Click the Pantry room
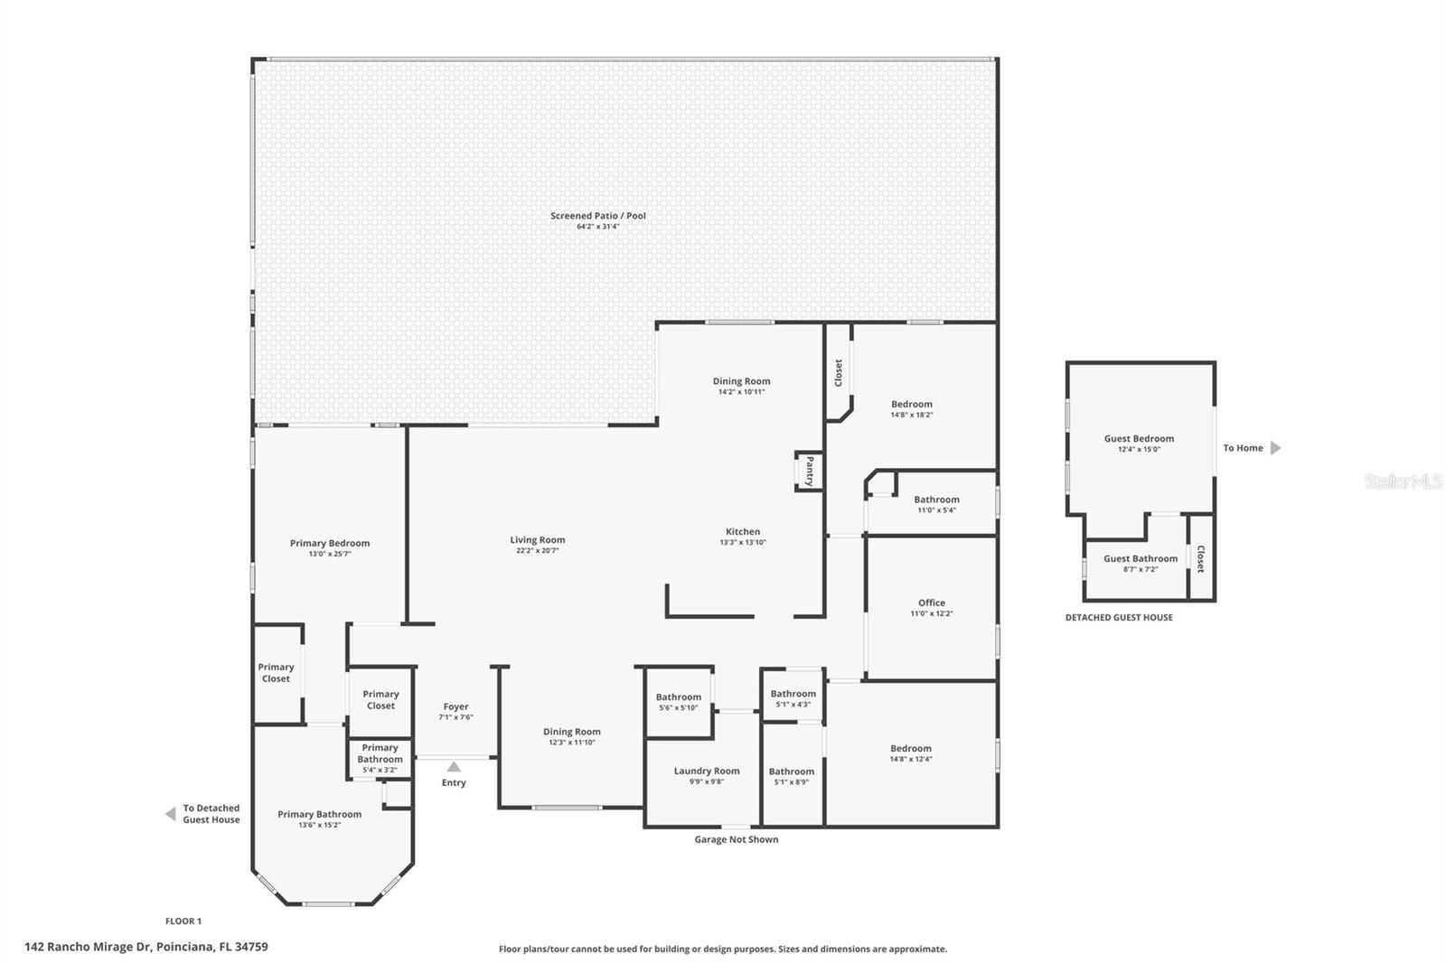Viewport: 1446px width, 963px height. coord(809,471)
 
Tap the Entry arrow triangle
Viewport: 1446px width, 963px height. coord(454,767)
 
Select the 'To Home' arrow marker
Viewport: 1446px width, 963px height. coord(1275,448)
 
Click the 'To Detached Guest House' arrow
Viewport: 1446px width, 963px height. coord(170,814)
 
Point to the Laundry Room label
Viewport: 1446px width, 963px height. coord(707,771)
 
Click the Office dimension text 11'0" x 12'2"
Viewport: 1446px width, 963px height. coord(932,613)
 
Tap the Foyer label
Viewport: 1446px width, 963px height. coord(455,706)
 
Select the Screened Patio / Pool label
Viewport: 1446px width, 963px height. coord(598,216)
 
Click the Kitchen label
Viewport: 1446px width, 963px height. coord(743,531)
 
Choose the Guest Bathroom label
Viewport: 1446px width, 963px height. coord(1141,558)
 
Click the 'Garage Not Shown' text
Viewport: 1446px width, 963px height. coord(736,839)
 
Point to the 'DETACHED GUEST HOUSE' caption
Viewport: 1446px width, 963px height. coord(1119,617)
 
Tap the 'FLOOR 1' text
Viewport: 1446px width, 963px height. coord(183,921)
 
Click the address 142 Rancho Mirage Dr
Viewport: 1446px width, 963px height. coord(146,947)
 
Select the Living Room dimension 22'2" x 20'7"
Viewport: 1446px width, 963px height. coord(538,550)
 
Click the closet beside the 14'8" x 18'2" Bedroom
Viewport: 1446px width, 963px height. coord(839,372)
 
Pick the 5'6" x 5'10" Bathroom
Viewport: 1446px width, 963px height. coord(678,701)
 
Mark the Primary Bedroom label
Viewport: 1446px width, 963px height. coord(330,543)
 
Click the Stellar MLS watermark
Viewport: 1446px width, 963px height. coord(1403,481)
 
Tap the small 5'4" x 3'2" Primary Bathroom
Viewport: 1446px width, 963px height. coord(380,758)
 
